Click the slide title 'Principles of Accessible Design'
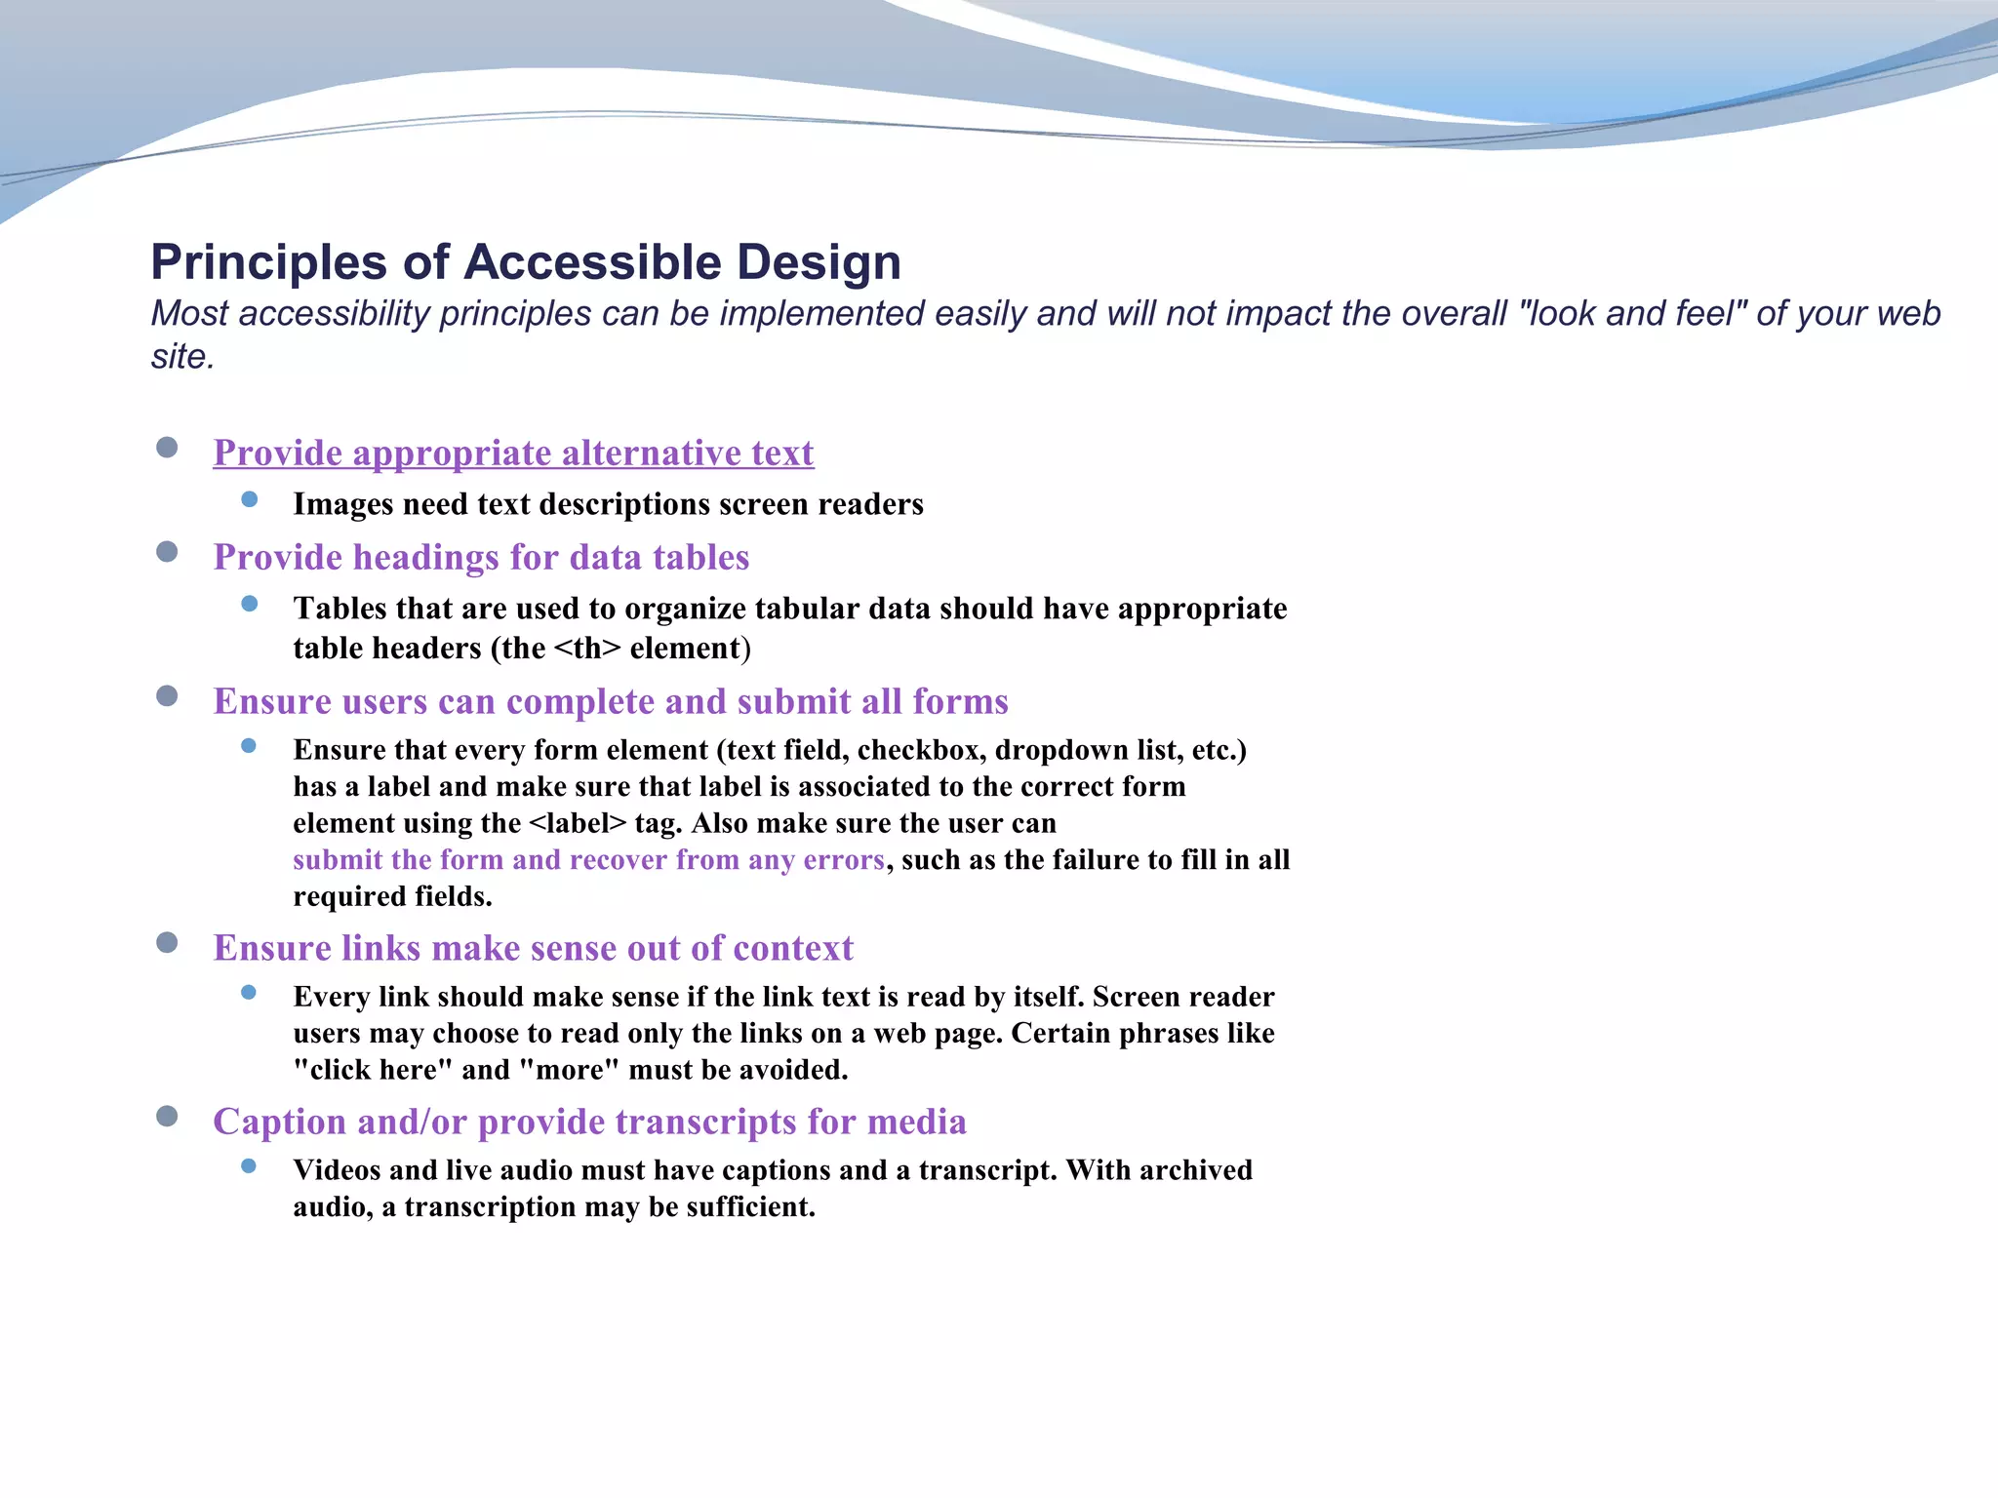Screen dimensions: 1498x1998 point(526,262)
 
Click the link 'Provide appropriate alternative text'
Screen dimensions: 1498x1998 point(513,453)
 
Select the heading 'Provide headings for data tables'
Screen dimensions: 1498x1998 point(481,558)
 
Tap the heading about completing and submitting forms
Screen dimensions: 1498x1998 point(611,702)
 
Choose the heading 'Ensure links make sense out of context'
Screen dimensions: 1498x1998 point(533,949)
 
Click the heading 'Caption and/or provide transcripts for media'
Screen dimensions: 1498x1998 point(589,1123)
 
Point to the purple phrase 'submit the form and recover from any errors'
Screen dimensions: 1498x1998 point(588,860)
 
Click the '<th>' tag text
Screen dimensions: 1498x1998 point(586,649)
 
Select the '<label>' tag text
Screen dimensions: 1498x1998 point(578,824)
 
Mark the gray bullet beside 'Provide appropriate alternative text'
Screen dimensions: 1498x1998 point(167,448)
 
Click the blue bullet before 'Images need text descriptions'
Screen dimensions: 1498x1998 point(250,499)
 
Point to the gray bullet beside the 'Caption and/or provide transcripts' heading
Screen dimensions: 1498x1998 point(167,1116)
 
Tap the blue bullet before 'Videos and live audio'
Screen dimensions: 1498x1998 point(250,1165)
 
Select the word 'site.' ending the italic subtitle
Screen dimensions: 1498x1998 point(182,357)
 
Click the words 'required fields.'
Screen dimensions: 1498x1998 point(392,897)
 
